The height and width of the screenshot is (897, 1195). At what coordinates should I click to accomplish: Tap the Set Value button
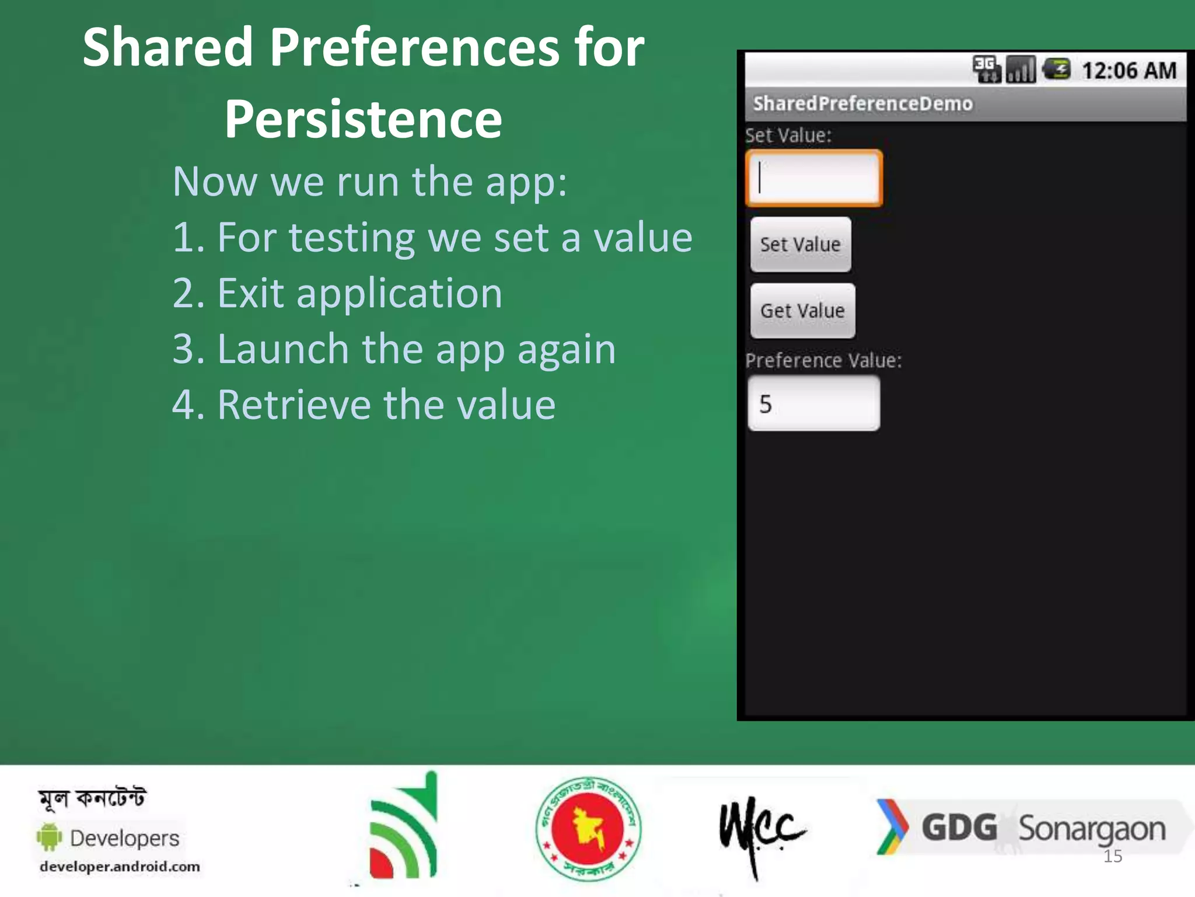point(801,245)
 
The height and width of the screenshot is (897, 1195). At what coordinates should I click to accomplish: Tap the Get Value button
point(802,311)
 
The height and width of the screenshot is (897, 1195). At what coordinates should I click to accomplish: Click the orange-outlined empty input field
point(814,178)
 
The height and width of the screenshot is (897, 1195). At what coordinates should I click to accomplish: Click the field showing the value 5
point(814,404)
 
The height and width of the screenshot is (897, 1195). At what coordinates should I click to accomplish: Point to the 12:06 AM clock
point(1128,71)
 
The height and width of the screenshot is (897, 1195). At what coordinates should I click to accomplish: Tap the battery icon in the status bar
point(1056,69)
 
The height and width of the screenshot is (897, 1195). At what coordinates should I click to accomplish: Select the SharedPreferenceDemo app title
point(862,104)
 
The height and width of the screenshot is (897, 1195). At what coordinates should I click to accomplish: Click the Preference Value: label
point(823,360)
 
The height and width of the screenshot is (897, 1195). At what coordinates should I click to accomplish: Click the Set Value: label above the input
point(788,135)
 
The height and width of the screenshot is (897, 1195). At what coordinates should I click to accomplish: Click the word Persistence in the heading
point(363,119)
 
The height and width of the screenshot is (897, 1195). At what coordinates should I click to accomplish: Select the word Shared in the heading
point(167,47)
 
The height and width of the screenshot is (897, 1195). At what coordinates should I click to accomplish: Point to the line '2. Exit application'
point(337,293)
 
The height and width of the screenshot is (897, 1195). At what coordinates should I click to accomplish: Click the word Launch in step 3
point(283,349)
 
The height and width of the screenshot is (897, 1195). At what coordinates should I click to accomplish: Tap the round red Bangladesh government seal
point(588,828)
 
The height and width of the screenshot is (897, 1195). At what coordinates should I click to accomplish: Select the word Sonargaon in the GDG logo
point(1091,829)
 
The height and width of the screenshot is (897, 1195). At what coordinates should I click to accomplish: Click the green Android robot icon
point(50,837)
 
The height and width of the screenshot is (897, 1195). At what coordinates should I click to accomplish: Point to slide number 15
point(1113,857)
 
